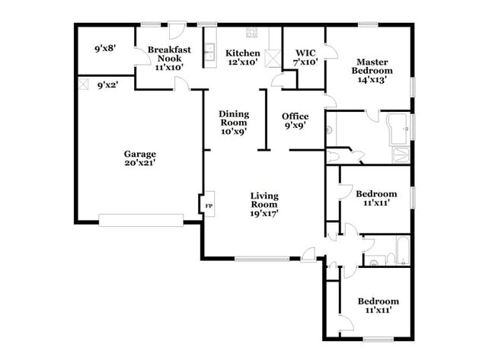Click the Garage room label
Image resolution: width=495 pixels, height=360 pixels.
point(140,153)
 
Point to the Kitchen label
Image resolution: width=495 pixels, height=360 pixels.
point(242,53)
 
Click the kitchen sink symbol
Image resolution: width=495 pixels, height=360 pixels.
point(208,52)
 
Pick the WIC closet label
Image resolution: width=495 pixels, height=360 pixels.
point(305,53)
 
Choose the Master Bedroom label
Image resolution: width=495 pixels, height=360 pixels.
point(373,66)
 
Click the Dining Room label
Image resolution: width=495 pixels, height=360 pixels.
point(234,117)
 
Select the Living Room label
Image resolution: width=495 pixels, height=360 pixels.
point(264,199)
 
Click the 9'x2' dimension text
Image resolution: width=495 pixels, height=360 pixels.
point(107,85)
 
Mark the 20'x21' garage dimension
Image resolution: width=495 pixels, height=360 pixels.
point(140,162)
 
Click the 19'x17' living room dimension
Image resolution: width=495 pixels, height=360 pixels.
point(264,213)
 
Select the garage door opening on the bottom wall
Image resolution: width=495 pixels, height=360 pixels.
point(141,221)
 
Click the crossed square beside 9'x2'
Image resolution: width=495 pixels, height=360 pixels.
point(83,84)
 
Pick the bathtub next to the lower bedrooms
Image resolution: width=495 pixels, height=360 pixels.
point(401,250)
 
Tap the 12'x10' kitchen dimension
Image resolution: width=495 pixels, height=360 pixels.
point(242,62)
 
